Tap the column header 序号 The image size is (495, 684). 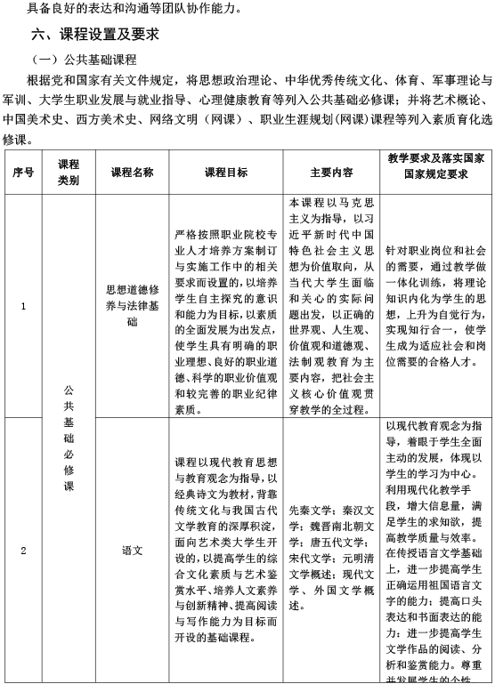(x=23, y=173)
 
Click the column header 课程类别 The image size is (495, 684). (x=69, y=173)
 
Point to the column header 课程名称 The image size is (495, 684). (x=132, y=173)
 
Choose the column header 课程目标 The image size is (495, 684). (x=226, y=173)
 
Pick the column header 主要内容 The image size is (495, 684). (x=331, y=173)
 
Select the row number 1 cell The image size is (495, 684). (x=23, y=307)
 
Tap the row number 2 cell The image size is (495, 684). (x=23, y=550)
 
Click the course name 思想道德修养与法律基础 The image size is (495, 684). (x=132, y=306)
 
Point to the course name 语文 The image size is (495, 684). (x=132, y=550)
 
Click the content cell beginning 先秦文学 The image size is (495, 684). (x=331, y=559)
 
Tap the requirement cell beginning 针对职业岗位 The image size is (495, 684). (x=436, y=307)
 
